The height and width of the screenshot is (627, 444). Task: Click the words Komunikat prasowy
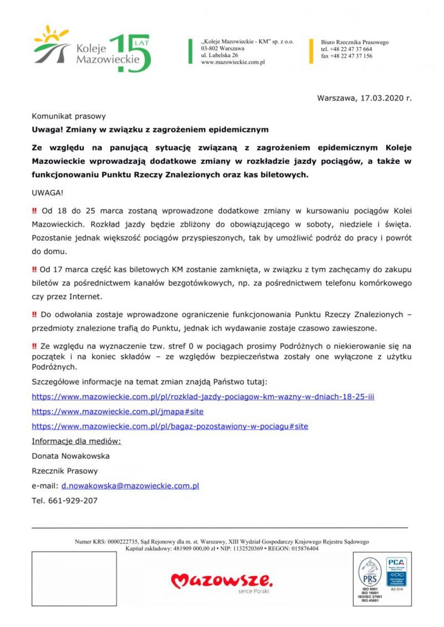coord(69,116)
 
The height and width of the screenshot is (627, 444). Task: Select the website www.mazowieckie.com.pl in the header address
coord(233,63)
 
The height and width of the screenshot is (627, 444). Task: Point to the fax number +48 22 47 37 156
coord(347,56)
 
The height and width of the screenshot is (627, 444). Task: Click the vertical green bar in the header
coord(190,51)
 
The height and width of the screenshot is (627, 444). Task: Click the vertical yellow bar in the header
coord(311,51)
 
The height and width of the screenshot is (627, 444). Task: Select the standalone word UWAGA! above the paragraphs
coord(48,193)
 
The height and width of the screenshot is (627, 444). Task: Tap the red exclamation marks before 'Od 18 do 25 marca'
coord(35,211)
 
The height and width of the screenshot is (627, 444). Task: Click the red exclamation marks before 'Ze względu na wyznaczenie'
coord(35,346)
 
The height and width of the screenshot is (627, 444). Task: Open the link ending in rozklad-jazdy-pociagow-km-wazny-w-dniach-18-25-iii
coord(203,397)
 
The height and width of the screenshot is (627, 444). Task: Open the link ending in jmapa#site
coord(118,411)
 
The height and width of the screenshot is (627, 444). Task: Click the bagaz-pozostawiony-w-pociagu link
coord(170,427)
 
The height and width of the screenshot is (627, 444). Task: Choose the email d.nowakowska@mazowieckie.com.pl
coord(130,486)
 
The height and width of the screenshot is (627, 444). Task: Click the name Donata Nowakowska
coord(71,456)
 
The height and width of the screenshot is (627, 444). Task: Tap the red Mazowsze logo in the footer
coord(222,581)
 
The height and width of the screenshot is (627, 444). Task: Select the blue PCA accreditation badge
coord(396,572)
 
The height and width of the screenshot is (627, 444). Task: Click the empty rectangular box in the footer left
coord(74,579)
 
